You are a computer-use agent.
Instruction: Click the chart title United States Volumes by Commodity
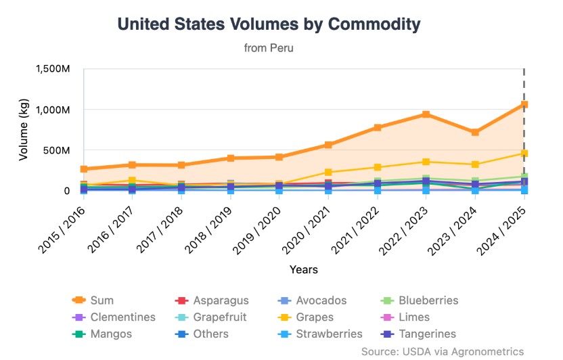click(x=269, y=24)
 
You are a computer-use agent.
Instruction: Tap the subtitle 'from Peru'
click(x=269, y=48)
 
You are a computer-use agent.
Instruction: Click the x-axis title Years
click(x=304, y=269)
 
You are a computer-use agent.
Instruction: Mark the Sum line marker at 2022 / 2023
click(x=426, y=114)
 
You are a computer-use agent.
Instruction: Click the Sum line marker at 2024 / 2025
click(x=524, y=105)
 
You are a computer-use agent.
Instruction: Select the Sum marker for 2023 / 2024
click(x=475, y=132)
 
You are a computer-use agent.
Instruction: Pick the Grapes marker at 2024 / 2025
click(x=524, y=154)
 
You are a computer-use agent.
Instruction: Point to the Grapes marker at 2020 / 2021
click(x=328, y=173)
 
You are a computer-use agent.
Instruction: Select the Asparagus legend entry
click(x=212, y=300)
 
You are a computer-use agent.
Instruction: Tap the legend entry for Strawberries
click(x=321, y=334)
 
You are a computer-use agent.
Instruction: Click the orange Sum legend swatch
click(x=78, y=300)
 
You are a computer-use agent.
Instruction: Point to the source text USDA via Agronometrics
click(x=443, y=351)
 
